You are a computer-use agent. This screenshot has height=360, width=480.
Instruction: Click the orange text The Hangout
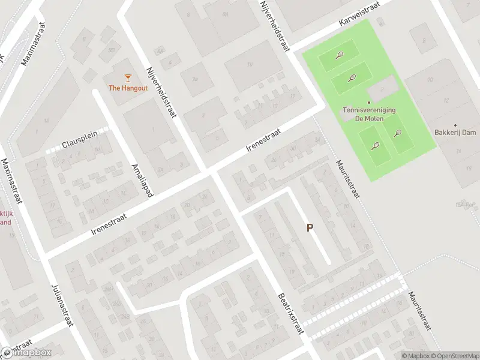[x=128, y=88]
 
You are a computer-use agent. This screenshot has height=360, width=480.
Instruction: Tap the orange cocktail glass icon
[x=128, y=77]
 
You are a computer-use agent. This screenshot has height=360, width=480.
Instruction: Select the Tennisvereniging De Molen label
[x=368, y=114]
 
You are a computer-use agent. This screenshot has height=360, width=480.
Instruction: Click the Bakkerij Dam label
[x=455, y=132]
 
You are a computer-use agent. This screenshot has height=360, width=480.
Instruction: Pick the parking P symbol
[x=310, y=228]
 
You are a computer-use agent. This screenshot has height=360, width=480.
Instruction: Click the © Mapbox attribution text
[x=415, y=356]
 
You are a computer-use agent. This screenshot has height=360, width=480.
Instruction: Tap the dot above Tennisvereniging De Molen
[x=369, y=103]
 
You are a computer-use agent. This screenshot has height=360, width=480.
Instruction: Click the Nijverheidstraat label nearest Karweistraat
[x=274, y=26]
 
